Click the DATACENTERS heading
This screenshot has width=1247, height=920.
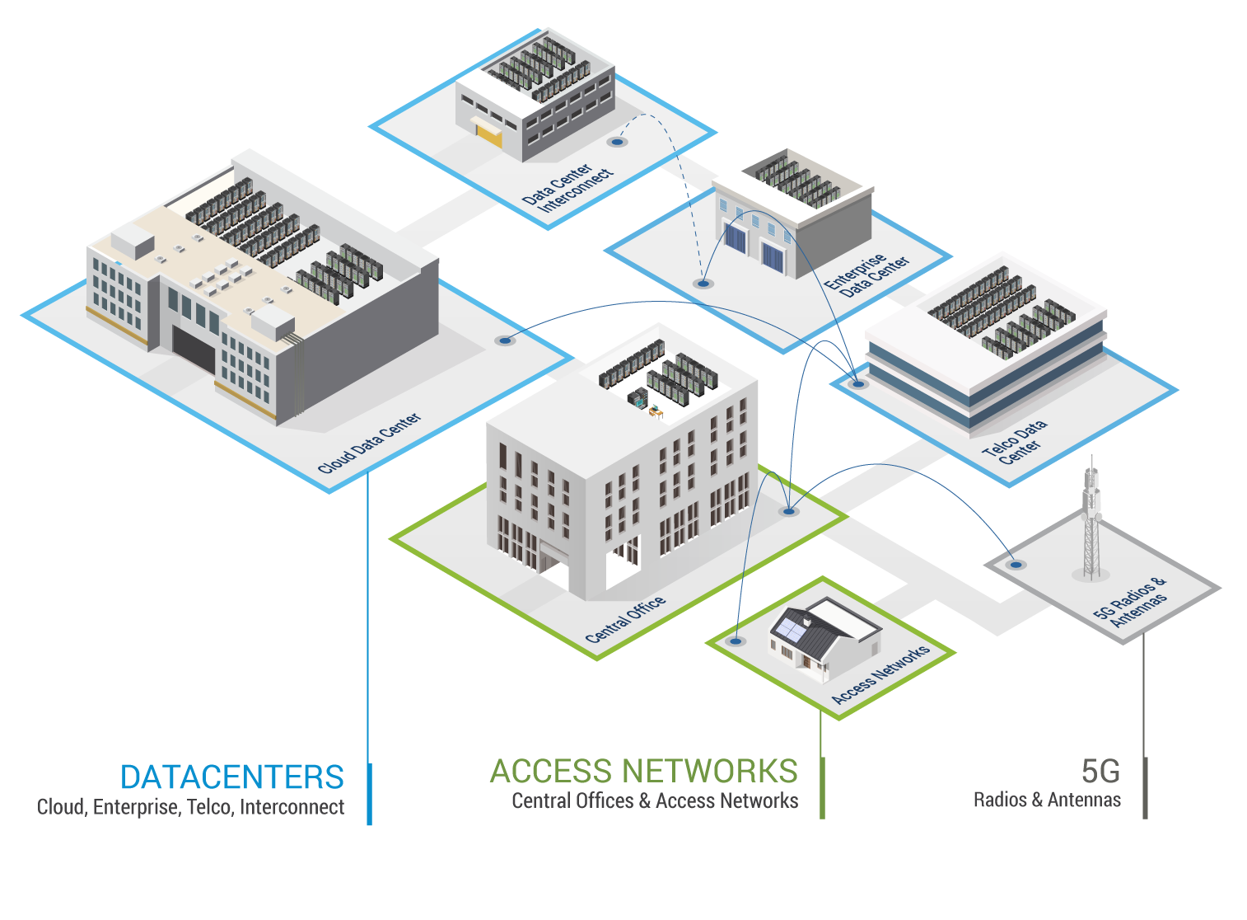231,777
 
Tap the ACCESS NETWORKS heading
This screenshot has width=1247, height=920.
643,772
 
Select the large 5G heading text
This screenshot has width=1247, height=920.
1100,772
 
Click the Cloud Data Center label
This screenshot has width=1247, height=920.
369,443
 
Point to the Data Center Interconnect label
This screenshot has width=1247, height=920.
568,188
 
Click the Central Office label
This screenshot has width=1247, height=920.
625,619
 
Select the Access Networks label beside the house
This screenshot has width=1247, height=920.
880,674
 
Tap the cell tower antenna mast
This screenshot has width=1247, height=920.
1091,519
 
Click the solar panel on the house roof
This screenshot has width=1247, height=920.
788,629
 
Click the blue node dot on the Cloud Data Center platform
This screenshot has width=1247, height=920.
505,340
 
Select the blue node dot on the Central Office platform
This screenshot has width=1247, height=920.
789,512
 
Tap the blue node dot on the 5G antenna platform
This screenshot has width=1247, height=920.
1016,565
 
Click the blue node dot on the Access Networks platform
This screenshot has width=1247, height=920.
736,641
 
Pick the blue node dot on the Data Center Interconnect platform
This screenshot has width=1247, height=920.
617,142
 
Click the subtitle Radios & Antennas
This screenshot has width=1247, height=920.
1046,800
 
